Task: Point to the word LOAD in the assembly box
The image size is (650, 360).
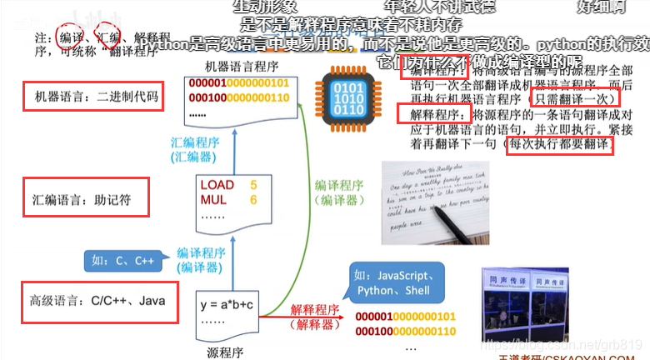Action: pyautogui.click(x=217, y=185)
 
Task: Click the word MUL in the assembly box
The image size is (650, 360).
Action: pyautogui.click(x=213, y=200)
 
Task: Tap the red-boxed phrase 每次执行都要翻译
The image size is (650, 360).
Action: pyautogui.click(x=560, y=146)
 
